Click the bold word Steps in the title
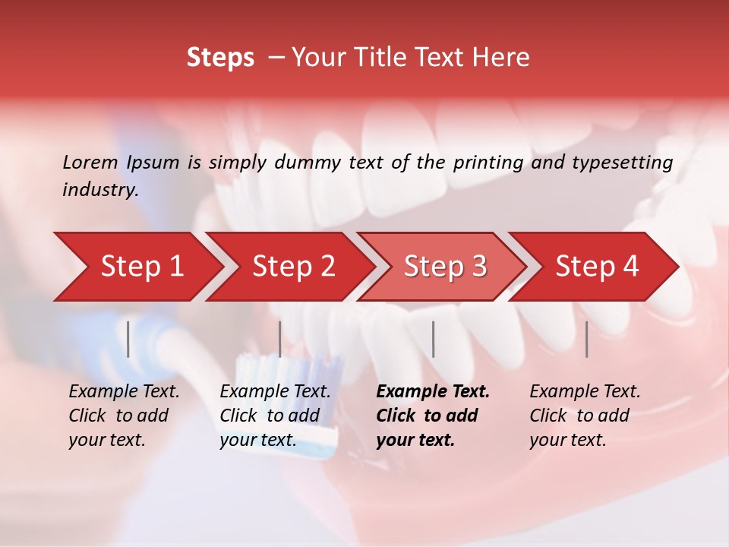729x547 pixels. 220,58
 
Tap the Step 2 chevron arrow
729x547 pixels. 293,267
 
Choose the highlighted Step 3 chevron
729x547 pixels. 445,267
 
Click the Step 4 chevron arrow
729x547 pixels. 597,267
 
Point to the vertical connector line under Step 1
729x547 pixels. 128,339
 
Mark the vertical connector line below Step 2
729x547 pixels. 280,339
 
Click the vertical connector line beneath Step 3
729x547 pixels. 433,339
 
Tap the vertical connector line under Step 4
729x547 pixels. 586,339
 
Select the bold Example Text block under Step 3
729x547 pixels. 432,416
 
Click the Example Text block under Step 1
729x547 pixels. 124,416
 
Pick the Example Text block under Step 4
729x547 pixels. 584,416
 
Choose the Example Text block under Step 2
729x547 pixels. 275,416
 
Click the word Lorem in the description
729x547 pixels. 90,162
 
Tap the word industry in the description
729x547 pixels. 99,190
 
